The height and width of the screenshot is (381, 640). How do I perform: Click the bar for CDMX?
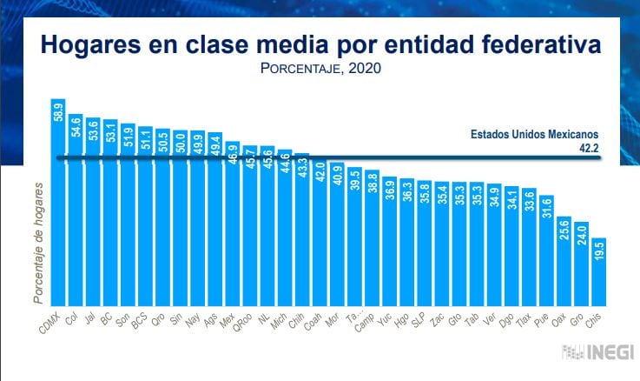pyautogui.click(x=59, y=209)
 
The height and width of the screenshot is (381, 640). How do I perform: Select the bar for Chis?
pyautogui.click(x=599, y=274)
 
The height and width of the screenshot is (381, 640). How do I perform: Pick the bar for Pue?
pyautogui.click(x=546, y=252)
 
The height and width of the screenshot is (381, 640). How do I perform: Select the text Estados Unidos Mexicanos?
pyautogui.click(x=535, y=136)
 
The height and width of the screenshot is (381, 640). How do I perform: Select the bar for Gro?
pyautogui.click(x=582, y=266)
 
